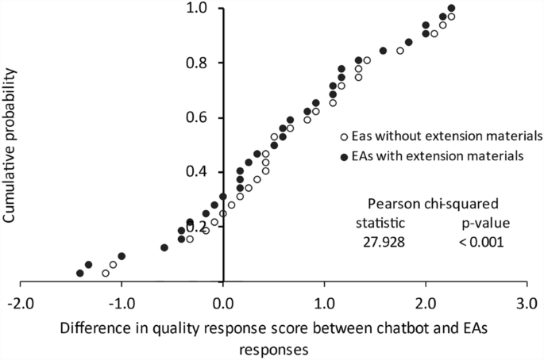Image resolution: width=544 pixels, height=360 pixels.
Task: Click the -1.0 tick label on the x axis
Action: click(122, 303)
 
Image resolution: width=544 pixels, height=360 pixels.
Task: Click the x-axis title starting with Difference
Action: click(272, 336)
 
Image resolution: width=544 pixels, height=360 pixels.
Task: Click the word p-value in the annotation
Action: click(485, 222)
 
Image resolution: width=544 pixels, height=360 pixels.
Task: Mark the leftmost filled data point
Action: click(80, 274)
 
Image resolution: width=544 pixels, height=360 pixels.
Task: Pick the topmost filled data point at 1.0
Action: click(452, 9)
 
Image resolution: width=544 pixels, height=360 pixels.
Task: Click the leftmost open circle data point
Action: click(106, 274)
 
